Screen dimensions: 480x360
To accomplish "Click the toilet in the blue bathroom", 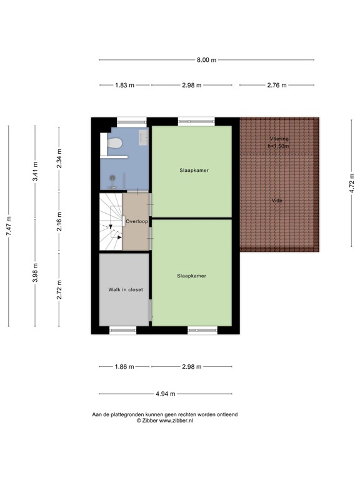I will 114,144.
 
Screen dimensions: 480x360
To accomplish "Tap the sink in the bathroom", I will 143,137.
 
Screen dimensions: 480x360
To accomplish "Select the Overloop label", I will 136,221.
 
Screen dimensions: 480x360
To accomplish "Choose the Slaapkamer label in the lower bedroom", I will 191,275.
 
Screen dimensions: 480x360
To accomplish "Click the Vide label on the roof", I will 276,201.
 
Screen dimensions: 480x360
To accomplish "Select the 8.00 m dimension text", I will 206,60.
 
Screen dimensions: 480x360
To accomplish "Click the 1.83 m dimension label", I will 124,86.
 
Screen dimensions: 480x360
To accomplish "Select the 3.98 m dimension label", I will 35,273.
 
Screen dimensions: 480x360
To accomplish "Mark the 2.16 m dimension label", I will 59,222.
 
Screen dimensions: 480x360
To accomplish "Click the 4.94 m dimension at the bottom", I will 165,394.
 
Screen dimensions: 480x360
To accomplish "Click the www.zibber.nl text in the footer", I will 175,421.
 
